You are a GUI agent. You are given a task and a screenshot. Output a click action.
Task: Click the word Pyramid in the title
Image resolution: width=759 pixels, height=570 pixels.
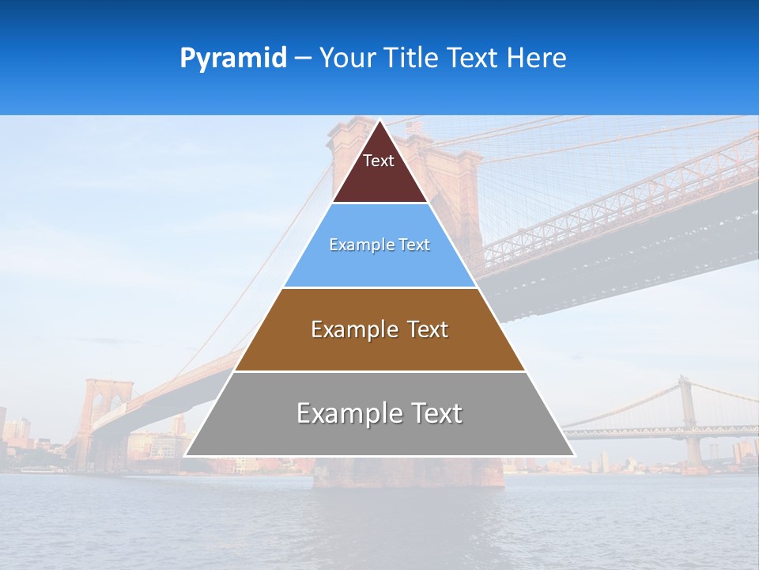click(x=233, y=58)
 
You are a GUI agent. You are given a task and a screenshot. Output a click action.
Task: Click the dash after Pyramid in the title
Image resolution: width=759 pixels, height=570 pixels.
click(x=303, y=59)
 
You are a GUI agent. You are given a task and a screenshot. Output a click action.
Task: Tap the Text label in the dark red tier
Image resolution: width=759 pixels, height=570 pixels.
click(x=379, y=161)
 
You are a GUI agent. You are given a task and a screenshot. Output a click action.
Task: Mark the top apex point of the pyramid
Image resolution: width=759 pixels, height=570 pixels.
click(x=380, y=121)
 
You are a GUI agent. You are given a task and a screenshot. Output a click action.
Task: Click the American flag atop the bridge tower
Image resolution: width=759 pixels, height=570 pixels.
click(x=413, y=127)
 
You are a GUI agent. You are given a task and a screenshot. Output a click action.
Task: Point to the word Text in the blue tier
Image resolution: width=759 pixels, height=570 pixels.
click(x=413, y=245)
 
